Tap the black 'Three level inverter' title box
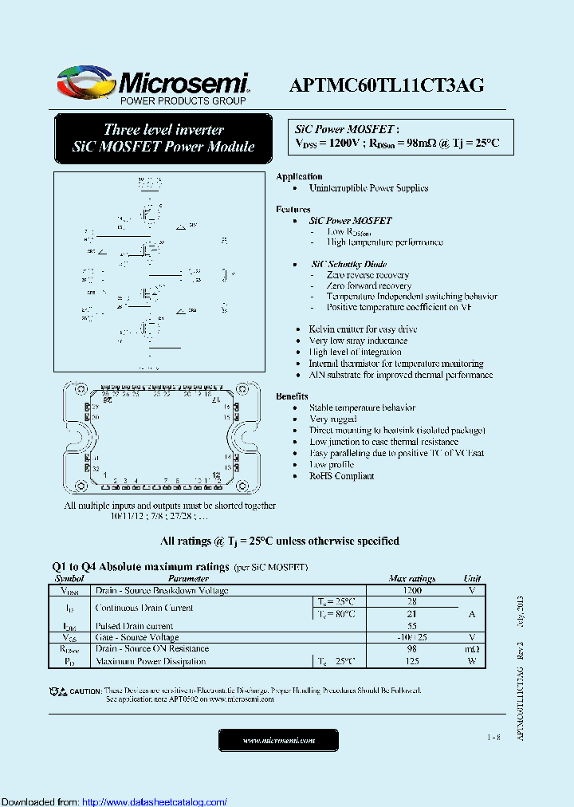163,138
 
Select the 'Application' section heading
299,176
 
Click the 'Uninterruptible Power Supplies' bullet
368,188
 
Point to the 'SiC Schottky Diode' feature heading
349,264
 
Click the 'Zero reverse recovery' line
368,275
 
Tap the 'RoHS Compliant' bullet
341,476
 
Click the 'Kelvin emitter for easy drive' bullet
363,329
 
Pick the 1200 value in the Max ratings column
411,591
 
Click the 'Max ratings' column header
411,579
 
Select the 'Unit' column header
472,579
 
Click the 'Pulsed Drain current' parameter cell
134,626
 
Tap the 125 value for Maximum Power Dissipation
411,661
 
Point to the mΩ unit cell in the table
472,649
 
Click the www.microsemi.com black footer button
278,741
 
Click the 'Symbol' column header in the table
69,579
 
